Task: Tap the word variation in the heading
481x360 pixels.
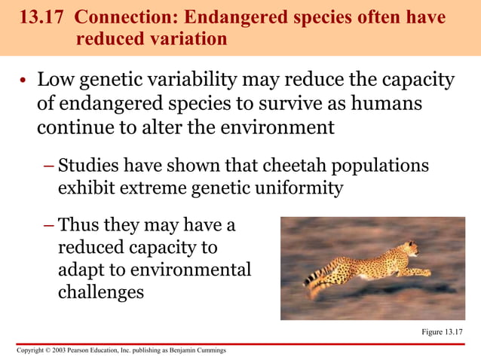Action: pyautogui.click(x=188, y=38)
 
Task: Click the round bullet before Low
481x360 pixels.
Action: pyautogui.click(x=23, y=81)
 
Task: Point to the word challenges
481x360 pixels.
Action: pyautogui.click(x=101, y=291)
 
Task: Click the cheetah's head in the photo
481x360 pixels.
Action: pyautogui.click(x=412, y=248)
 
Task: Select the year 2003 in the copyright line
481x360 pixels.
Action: pyautogui.click(x=58, y=351)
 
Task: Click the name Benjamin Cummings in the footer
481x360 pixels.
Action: pyautogui.click(x=198, y=351)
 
